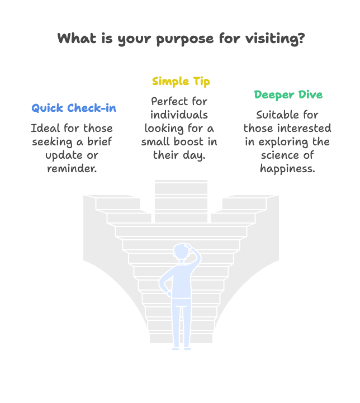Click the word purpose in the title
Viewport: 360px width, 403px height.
click(185, 39)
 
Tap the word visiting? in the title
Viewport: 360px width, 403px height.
click(275, 39)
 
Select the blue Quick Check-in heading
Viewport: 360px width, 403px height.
click(74, 108)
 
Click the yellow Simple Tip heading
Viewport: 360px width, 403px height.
click(181, 82)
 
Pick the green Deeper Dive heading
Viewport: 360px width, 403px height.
click(288, 94)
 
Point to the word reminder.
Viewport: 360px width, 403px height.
click(72, 169)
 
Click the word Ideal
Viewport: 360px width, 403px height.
click(46, 128)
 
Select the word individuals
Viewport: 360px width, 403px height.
click(179, 115)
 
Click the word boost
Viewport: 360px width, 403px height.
click(188, 141)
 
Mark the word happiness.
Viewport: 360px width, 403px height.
click(287, 169)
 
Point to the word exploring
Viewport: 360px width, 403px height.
click(283, 142)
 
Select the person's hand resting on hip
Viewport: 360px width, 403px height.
click(169, 293)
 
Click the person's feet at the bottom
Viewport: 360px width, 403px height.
click(182, 349)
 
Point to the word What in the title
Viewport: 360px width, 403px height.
click(77, 38)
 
